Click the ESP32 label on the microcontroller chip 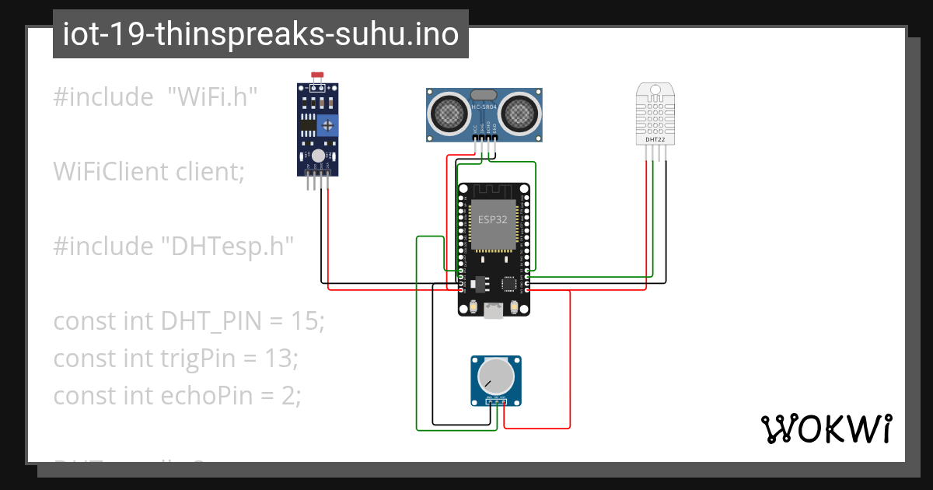(493, 219)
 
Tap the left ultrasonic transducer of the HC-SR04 (449, 114)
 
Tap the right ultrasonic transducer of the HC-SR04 (519, 114)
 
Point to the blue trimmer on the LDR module (330, 124)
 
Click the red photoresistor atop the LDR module (317, 76)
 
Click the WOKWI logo (825, 429)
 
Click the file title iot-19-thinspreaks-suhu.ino (260, 34)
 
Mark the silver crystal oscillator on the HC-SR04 (484, 93)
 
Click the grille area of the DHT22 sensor (653, 113)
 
